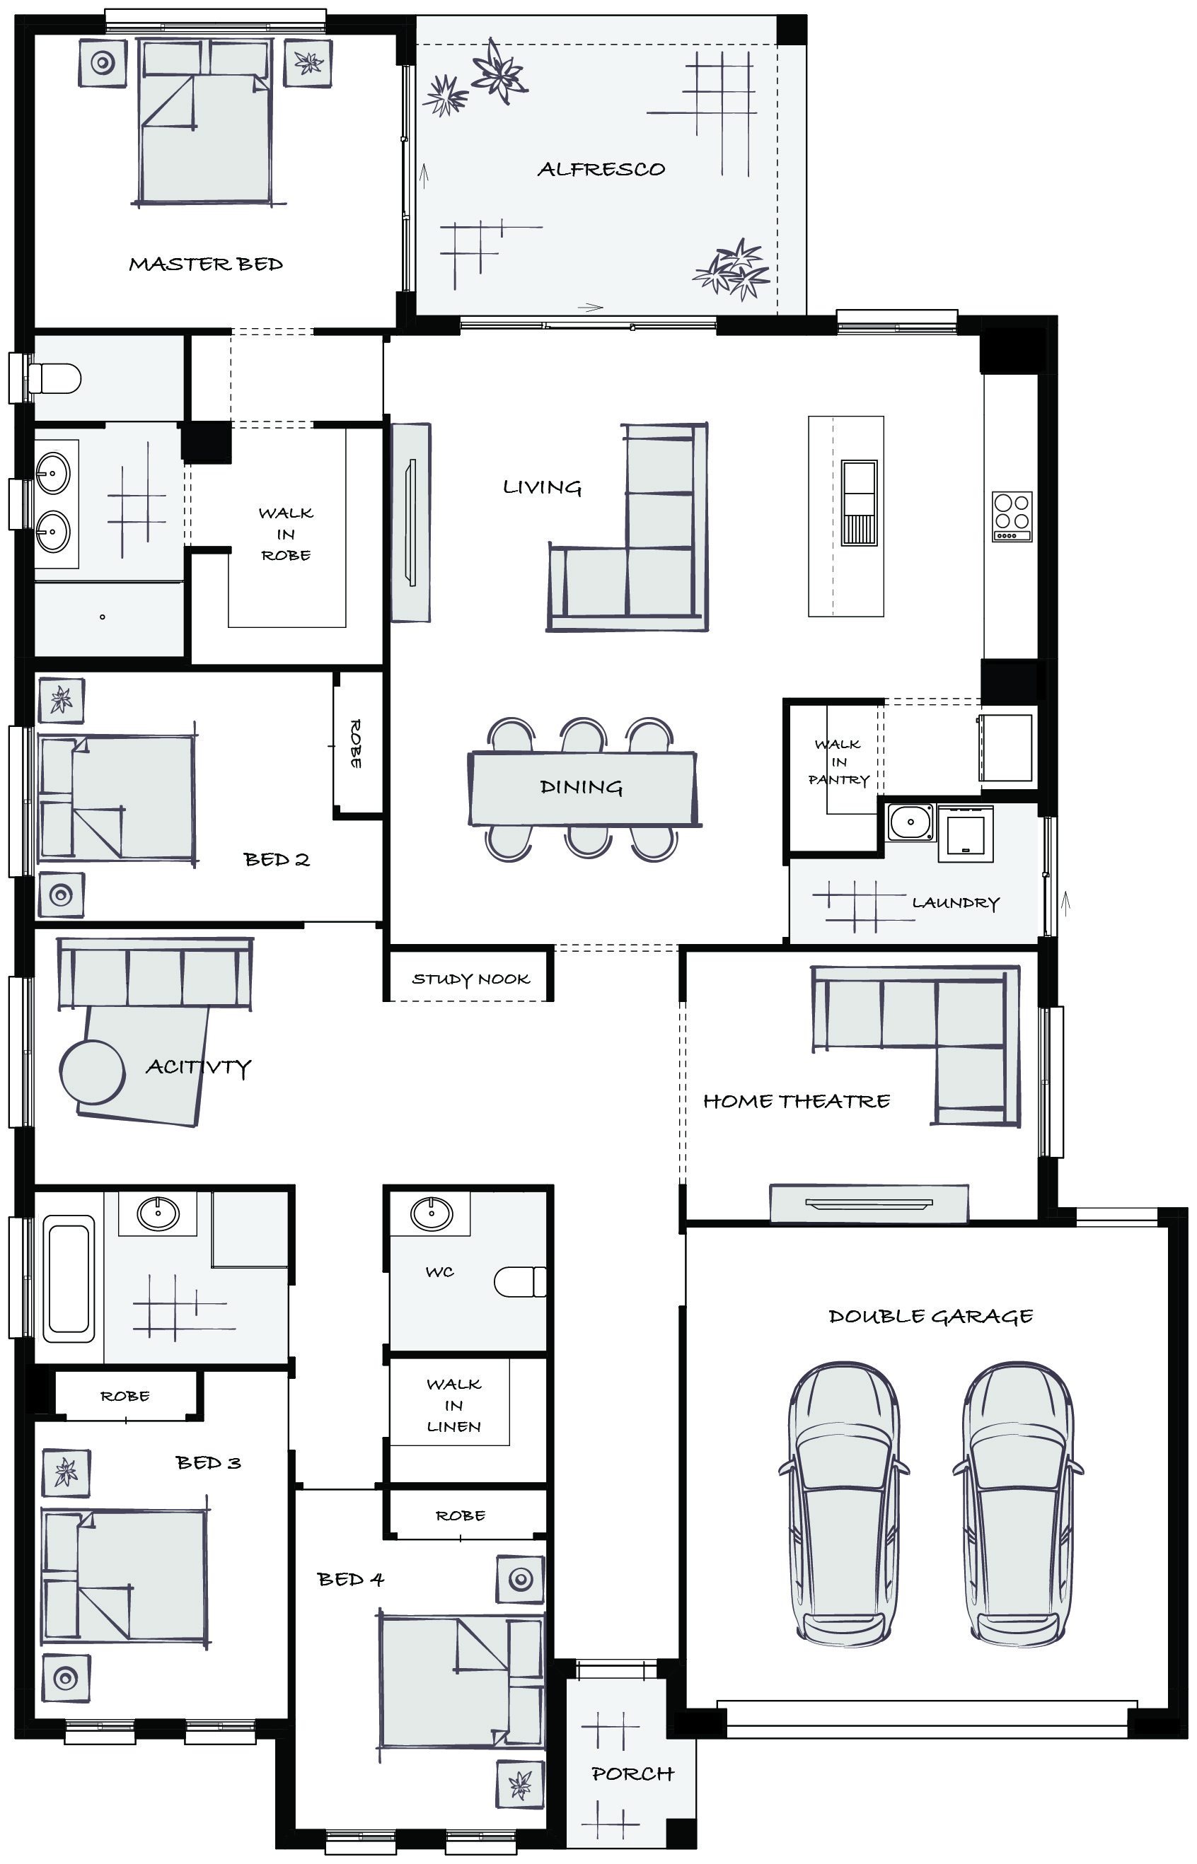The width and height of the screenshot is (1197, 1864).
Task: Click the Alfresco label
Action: coord(601,170)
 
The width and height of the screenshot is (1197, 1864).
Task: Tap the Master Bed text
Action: coord(206,264)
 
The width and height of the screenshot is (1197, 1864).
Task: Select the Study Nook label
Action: coord(471,979)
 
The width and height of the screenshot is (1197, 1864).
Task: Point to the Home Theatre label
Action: coord(797,1101)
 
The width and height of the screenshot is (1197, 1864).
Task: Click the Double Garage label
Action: coord(930,1316)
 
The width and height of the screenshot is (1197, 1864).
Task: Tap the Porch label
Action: coord(632,1774)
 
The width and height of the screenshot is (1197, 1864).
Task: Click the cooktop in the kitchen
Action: coord(1013,517)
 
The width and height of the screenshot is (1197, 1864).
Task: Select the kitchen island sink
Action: coord(859,503)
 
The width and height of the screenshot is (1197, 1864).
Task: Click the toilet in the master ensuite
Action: coord(54,379)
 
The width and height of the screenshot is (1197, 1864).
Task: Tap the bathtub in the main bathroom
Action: coord(69,1278)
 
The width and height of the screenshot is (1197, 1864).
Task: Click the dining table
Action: coord(583,788)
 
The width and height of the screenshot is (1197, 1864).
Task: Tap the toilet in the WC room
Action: coord(519,1282)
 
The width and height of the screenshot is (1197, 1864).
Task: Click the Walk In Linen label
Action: coord(454,1405)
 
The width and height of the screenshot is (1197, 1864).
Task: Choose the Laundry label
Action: coord(956,903)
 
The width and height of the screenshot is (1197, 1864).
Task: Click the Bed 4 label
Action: coord(351,1580)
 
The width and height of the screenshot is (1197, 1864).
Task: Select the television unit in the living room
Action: coord(410,522)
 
